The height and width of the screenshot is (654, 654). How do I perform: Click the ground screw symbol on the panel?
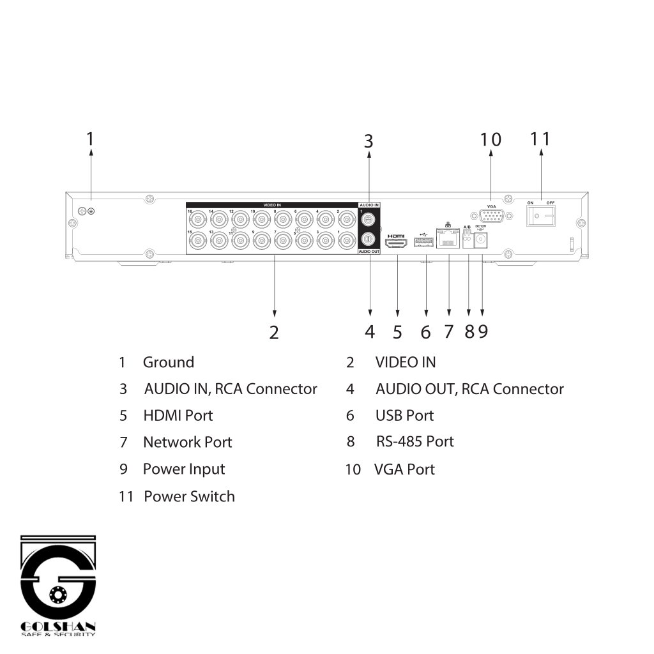tap(91, 211)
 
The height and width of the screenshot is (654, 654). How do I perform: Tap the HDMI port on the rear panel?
tap(397, 243)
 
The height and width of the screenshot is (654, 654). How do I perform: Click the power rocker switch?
tap(540, 216)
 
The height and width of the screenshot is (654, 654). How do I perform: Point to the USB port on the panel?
tap(423, 243)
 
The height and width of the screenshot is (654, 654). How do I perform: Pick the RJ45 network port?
tap(448, 240)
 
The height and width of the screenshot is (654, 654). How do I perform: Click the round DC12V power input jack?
tap(482, 240)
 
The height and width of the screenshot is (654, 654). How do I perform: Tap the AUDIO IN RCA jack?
tap(369, 218)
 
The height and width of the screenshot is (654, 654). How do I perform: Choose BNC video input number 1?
tap(347, 241)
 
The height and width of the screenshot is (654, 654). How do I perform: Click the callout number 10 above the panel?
tap(490, 139)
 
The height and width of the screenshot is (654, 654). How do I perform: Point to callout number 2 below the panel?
tap(274, 332)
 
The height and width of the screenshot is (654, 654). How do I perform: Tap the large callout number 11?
tap(540, 139)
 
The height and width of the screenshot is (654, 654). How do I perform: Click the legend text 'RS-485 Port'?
tap(414, 441)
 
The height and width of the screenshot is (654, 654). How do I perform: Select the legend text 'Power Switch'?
tap(189, 496)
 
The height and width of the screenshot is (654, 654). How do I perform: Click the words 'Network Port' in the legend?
tap(187, 442)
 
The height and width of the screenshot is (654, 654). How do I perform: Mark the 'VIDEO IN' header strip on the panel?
tap(272, 205)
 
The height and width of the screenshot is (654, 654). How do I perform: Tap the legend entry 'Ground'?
tap(168, 362)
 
